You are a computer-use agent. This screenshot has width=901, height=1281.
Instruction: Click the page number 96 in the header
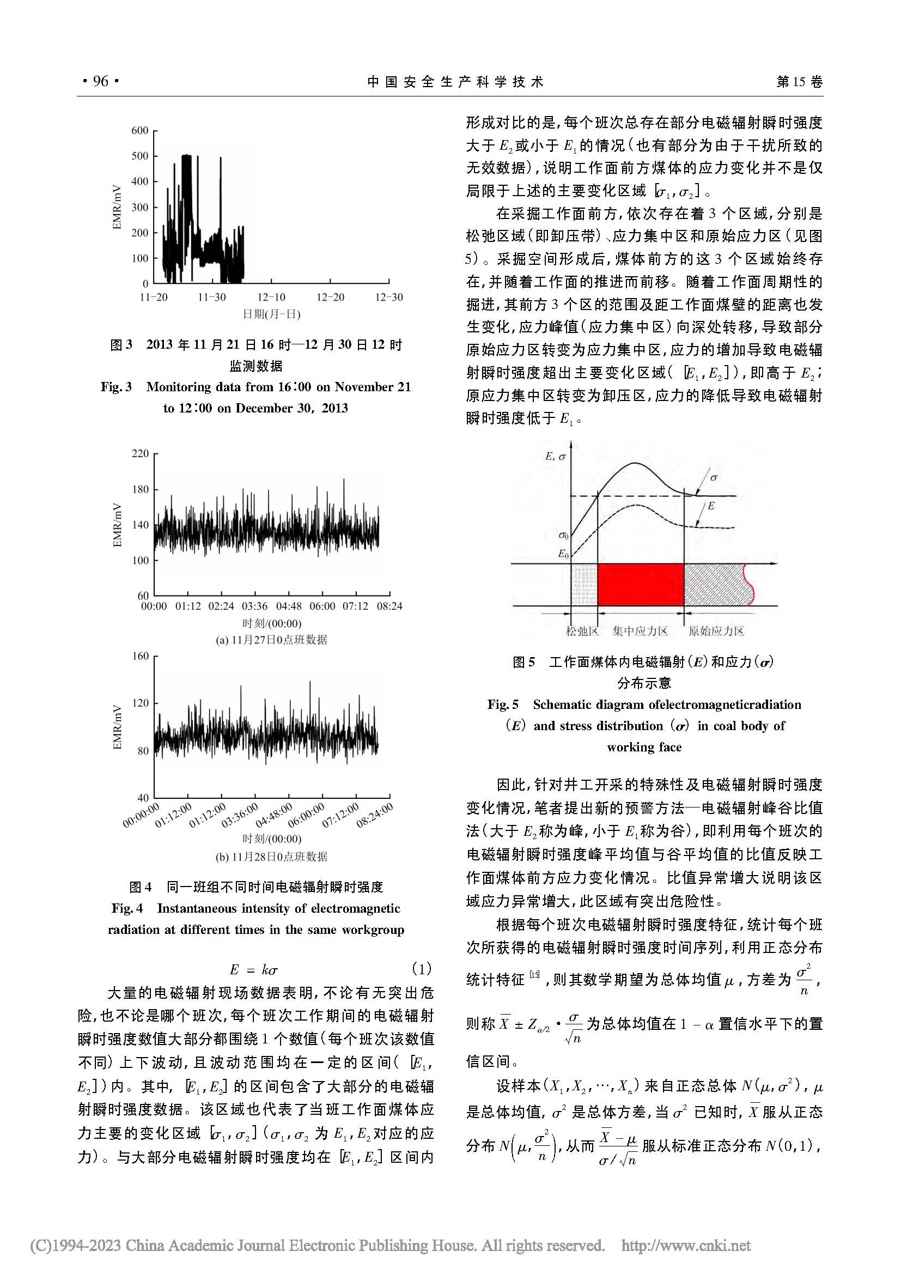pos(100,81)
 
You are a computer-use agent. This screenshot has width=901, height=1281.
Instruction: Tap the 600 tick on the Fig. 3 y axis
pos(140,131)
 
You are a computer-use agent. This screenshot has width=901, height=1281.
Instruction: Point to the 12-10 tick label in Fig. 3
pos(271,298)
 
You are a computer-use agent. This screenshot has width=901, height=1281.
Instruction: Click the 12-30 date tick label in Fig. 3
pos(389,298)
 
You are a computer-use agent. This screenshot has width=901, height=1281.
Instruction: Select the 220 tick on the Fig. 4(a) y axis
pos(140,453)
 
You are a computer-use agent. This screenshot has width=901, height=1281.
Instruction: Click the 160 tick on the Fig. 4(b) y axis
pos(140,656)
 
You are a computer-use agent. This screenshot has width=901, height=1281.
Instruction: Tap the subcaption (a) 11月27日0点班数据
pos(271,640)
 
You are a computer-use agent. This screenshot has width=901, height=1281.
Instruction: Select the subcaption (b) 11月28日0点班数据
pos(271,857)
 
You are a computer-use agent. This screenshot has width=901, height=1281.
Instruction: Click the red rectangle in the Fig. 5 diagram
pos(641,584)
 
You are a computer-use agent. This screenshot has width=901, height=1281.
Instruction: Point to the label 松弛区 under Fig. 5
pos(582,631)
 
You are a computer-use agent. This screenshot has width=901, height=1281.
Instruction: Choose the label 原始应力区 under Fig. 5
pos(716,631)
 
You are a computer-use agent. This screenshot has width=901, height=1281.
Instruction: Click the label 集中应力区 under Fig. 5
pos(640,631)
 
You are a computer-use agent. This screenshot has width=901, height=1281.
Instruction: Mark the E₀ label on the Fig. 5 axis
pos(563,554)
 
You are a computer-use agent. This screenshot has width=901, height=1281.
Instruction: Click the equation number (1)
pos(421,968)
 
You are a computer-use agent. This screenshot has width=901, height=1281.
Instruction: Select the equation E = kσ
pos(254,969)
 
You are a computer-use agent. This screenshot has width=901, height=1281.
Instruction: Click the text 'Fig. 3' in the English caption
pos(116,387)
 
